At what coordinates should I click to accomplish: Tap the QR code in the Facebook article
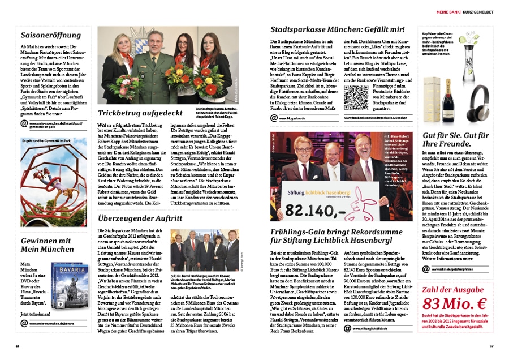point(356,98)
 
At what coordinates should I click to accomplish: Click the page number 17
point(491,346)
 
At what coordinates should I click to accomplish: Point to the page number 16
point(18,346)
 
